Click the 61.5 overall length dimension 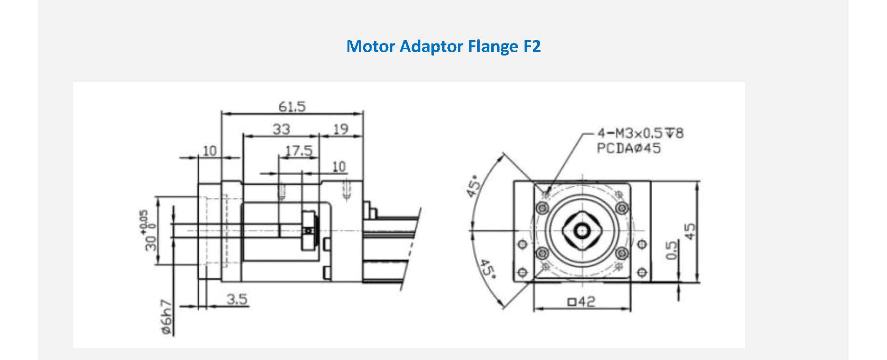pyautogui.click(x=292, y=106)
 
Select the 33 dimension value pyautogui.click(x=281, y=129)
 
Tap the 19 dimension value pyautogui.click(x=341, y=129)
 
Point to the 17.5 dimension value pyautogui.click(x=299, y=151)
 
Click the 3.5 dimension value pyautogui.click(x=237, y=300)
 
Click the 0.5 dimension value pyautogui.click(x=671, y=250)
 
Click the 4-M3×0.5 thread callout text pyautogui.click(x=640, y=133)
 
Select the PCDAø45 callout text pyautogui.click(x=629, y=148)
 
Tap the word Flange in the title pyautogui.click(x=492, y=46)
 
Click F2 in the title pyautogui.click(x=532, y=46)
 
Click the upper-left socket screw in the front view pyautogui.click(x=542, y=208)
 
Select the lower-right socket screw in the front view pyautogui.click(x=622, y=252)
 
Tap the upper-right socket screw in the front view pyautogui.click(x=622, y=208)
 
